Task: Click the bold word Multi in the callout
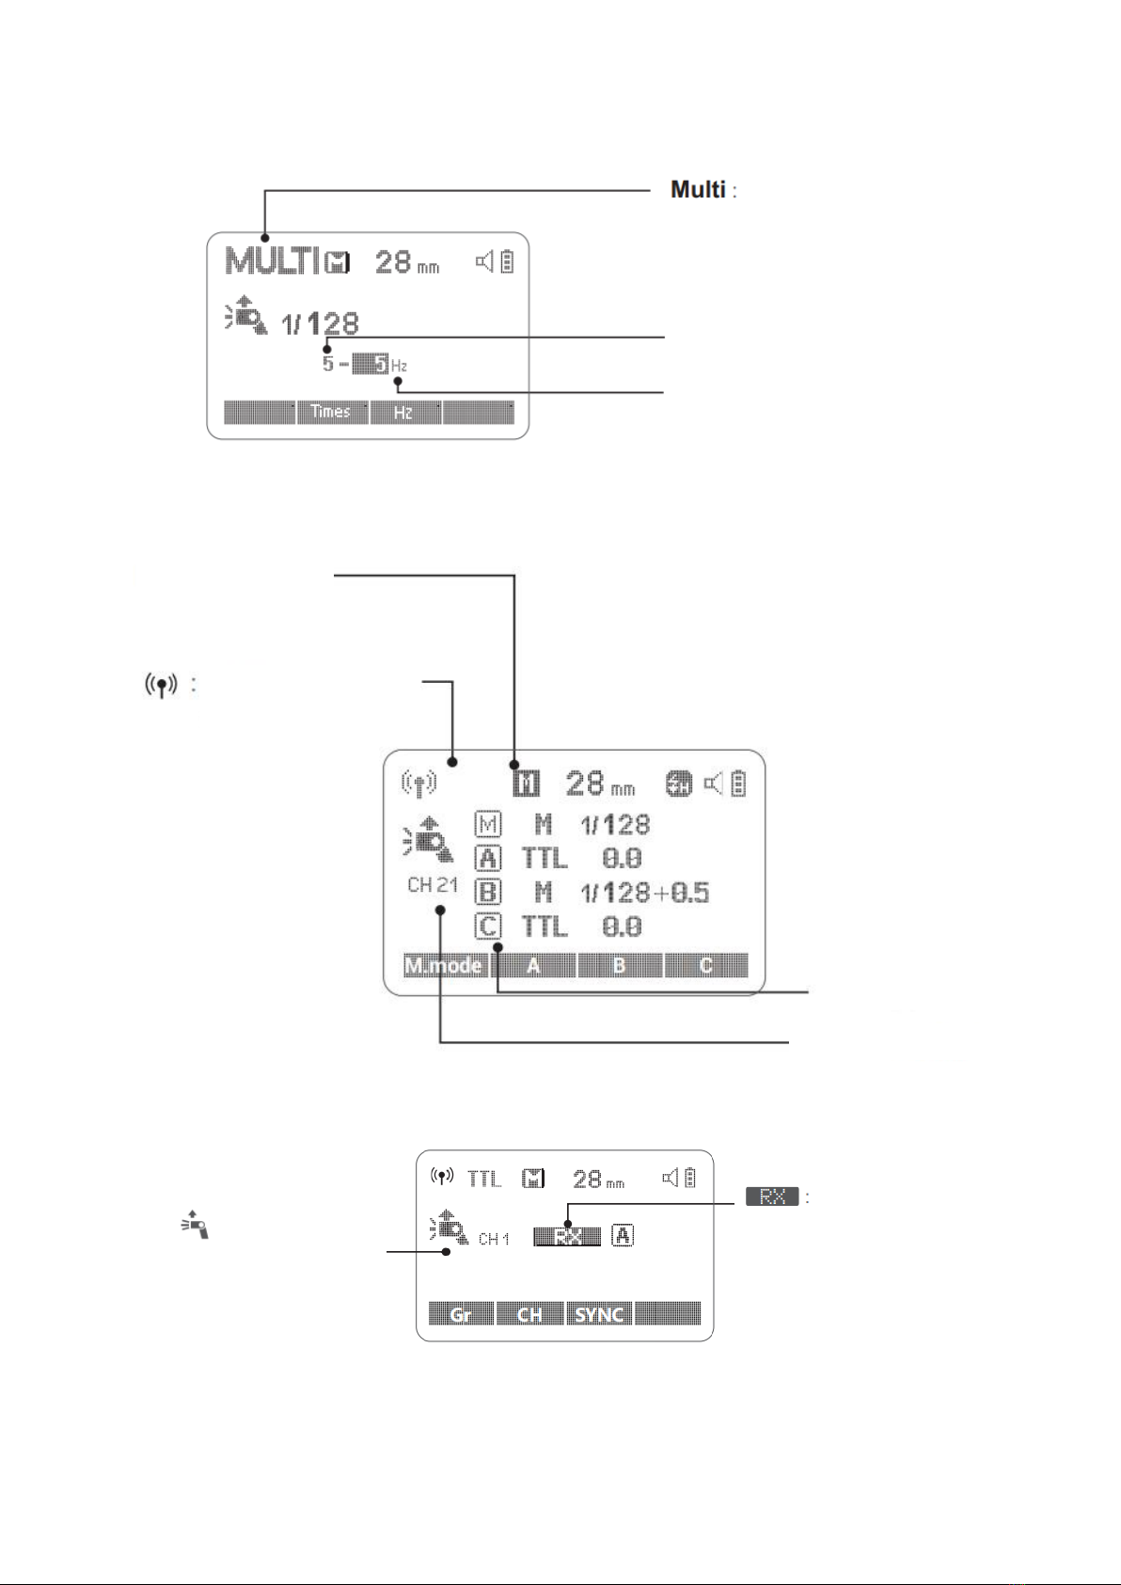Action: tap(698, 190)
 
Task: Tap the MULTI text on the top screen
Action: tap(271, 262)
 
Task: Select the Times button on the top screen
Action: tap(331, 412)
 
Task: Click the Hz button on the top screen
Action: tap(404, 412)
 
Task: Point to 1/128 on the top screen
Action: tap(320, 324)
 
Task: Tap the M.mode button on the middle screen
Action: tap(444, 966)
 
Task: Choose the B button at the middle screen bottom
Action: tap(619, 966)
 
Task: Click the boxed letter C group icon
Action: tap(488, 927)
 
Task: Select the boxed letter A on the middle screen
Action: tap(488, 858)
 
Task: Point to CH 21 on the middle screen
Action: tap(433, 885)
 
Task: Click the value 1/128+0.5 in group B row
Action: tap(645, 893)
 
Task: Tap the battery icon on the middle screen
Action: tap(739, 784)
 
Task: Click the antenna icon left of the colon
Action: tap(162, 685)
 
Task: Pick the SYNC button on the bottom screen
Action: tap(599, 1314)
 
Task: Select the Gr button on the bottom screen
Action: tap(461, 1314)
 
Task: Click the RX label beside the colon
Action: tap(772, 1197)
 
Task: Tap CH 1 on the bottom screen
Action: tap(494, 1239)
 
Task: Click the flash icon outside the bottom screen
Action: tap(195, 1224)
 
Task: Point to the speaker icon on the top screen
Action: tap(484, 262)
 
